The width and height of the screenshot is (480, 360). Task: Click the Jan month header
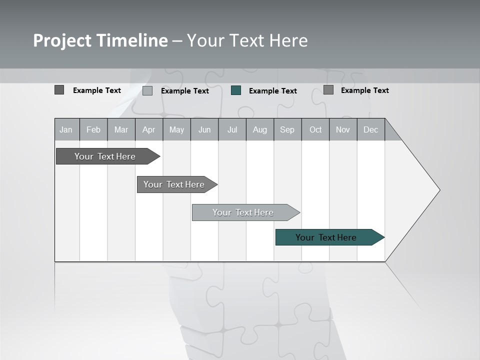pyautogui.click(x=66, y=130)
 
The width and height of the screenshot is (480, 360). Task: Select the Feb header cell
pyautogui.click(x=93, y=130)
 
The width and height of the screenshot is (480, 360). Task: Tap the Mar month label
pyautogui.click(x=121, y=130)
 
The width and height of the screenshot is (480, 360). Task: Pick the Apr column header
pyautogui.click(x=149, y=130)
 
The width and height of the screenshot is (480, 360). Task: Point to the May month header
pyautogui.click(x=176, y=130)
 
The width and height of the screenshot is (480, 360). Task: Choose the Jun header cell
pyautogui.click(x=204, y=130)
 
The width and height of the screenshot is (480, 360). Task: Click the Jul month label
pyautogui.click(x=232, y=130)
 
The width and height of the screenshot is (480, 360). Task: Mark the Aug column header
pyautogui.click(x=260, y=130)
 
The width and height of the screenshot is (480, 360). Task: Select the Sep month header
pyautogui.click(x=287, y=130)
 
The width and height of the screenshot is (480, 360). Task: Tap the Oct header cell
pyautogui.click(x=315, y=130)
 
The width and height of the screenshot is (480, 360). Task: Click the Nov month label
pyautogui.click(x=343, y=130)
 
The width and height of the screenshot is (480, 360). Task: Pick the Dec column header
pyautogui.click(x=371, y=130)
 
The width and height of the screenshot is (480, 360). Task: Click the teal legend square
pyautogui.click(x=236, y=90)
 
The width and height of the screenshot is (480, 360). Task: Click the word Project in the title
pyautogui.click(x=61, y=40)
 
